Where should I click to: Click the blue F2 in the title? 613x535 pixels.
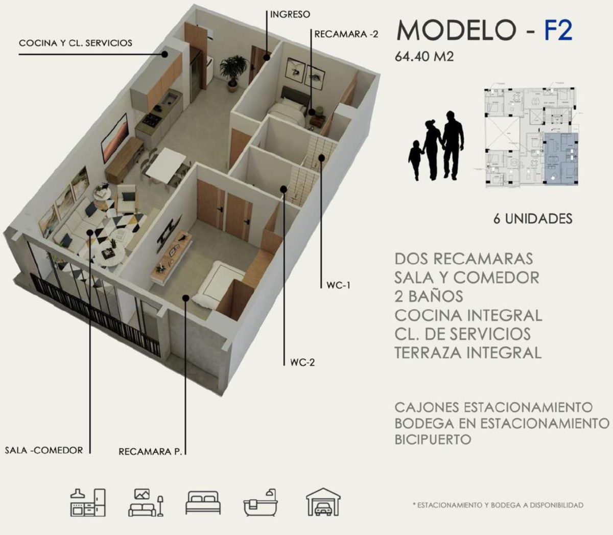click(558, 30)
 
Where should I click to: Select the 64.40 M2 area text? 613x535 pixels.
click(424, 56)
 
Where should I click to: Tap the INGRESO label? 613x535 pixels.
click(290, 14)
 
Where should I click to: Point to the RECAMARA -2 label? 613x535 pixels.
click(346, 34)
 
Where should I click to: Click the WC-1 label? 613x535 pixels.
click(338, 285)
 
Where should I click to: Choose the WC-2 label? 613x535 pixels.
click(302, 362)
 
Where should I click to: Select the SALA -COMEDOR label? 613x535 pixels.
click(44, 450)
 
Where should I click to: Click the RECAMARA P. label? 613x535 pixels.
click(150, 452)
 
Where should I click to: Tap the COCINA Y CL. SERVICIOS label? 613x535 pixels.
click(76, 43)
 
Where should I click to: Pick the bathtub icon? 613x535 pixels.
click(261, 502)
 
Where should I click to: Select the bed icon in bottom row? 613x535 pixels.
click(203, 503)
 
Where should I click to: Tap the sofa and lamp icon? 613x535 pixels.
click(146, 502)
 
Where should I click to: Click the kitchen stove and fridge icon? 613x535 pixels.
click(88, 502)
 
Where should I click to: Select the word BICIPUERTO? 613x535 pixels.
click(433, 439)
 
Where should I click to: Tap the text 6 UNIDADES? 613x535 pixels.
click(533, 219)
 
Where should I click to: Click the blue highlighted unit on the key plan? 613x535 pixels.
click(561, 159)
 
